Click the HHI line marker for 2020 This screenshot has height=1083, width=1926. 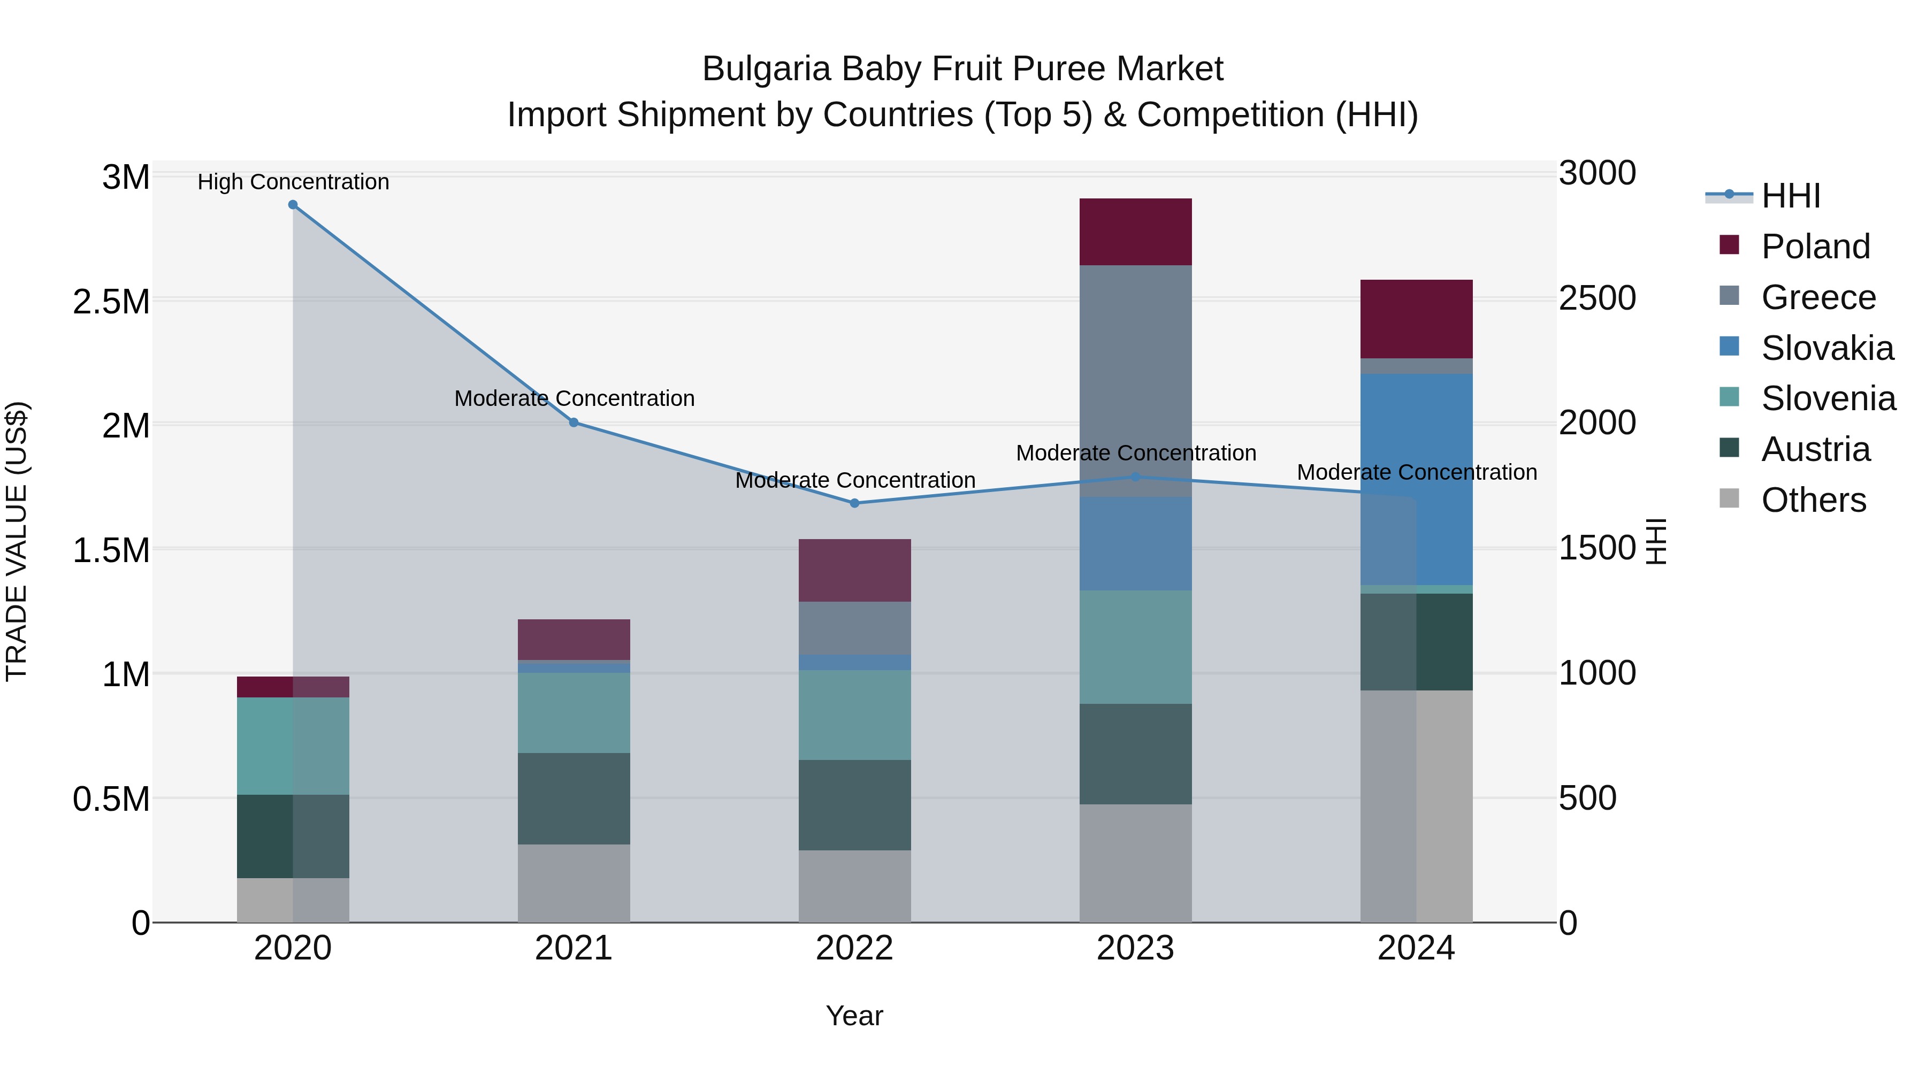pos(293,205)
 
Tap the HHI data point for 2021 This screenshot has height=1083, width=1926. pos(574,423)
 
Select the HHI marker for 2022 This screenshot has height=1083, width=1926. pos(854,503)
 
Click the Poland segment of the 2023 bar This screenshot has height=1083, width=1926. pos(1135,232)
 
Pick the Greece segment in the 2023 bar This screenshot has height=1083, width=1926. pos(1135,374)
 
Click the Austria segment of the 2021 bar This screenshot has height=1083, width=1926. pos(574,798)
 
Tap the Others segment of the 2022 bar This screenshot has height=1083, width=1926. pos(854,886)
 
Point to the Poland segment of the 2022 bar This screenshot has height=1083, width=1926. pos(854,570)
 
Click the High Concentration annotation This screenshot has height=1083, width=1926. pos(293,182)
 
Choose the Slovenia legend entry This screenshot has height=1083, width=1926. pos(1828,398)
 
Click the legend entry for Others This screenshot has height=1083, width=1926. pos(1813,500)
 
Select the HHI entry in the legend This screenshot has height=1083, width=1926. pos(1790,196)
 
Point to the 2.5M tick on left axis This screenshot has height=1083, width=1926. pos(111,302)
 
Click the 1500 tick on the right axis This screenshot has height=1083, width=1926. pos(1597,549)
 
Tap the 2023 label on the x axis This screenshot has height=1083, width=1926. pos(1135,948)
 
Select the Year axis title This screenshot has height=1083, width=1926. pos(854,1016)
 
